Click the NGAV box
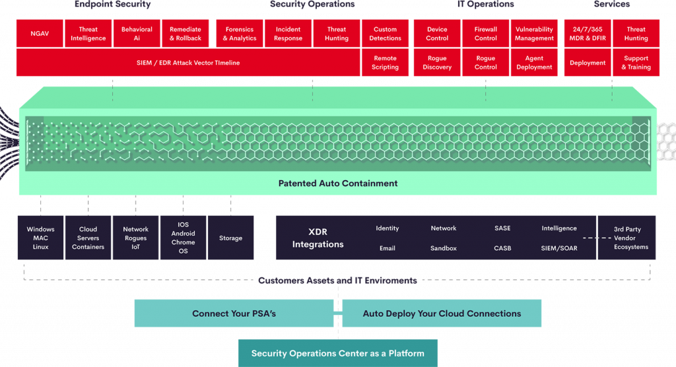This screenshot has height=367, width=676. pos(40,34)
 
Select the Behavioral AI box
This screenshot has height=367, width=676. pos(137,34)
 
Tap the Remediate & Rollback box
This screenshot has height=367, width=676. pos(186,34)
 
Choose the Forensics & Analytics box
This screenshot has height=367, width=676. pos(240,34)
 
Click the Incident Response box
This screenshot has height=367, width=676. pos(288,34)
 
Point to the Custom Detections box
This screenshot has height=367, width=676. pos(385,34)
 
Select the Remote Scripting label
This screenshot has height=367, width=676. pos(385,63)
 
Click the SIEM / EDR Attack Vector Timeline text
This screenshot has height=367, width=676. pos(184,63)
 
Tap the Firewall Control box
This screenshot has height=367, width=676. pos(486,34)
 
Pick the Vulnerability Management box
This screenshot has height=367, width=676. pos(534,34)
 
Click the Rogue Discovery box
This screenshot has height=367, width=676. pos(437,63)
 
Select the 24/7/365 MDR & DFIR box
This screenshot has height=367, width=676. pos(588,34)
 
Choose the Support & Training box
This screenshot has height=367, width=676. pos(636,63)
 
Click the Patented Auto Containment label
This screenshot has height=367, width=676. pos(338,183)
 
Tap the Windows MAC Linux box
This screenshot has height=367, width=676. pos(41,238)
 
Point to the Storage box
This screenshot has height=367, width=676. pos(230,238)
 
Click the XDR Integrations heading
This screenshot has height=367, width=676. pos(318,238)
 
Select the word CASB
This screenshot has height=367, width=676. pos(502,248)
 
